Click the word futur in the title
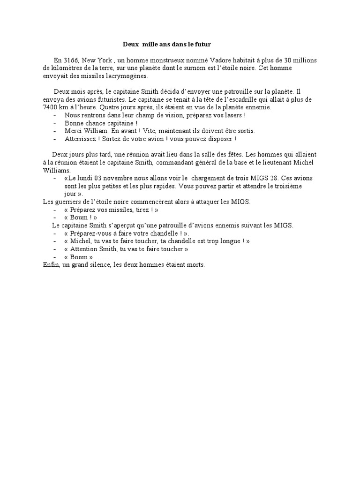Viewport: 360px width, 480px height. [x=203, y=45]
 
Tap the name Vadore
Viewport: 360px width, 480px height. [x=200, y=60]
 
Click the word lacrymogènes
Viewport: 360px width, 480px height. [x=120, y=76]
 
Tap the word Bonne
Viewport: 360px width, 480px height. [x=74, y=123]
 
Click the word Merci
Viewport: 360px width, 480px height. [x=74, y=131]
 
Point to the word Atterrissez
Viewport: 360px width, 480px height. [x=82, y=139]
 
